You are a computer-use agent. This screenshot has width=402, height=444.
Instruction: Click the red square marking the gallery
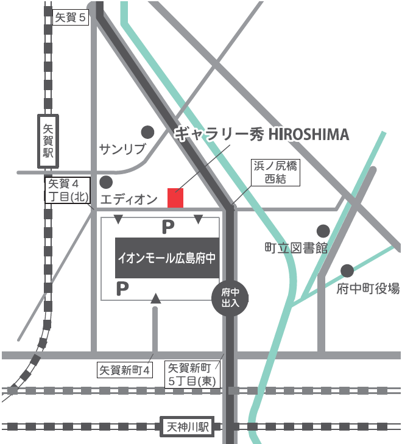(175, 198)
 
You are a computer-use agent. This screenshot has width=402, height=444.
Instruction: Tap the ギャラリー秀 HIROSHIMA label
(262, 135)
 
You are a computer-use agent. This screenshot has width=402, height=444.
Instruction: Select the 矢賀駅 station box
(48, 141)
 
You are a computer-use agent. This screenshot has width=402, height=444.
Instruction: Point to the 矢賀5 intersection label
(72, 18)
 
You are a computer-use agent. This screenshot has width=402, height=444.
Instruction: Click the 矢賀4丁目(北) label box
(68, 189)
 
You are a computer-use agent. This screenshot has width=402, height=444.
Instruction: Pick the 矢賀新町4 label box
(124, 369)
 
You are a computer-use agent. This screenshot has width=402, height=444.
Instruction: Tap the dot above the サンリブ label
(147, 132)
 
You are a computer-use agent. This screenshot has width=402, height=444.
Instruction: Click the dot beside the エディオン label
(106, 181)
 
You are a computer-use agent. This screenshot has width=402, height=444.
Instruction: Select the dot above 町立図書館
(323, 231)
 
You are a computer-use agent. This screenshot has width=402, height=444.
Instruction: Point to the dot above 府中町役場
(347, 270)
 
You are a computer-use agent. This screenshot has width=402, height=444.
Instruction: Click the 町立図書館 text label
(296, 248)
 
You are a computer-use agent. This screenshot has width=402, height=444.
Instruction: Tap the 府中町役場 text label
(368, 288)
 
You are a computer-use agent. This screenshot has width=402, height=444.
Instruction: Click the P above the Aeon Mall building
(167, 227)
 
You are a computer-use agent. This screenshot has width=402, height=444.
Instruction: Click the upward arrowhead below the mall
(155, 298)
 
